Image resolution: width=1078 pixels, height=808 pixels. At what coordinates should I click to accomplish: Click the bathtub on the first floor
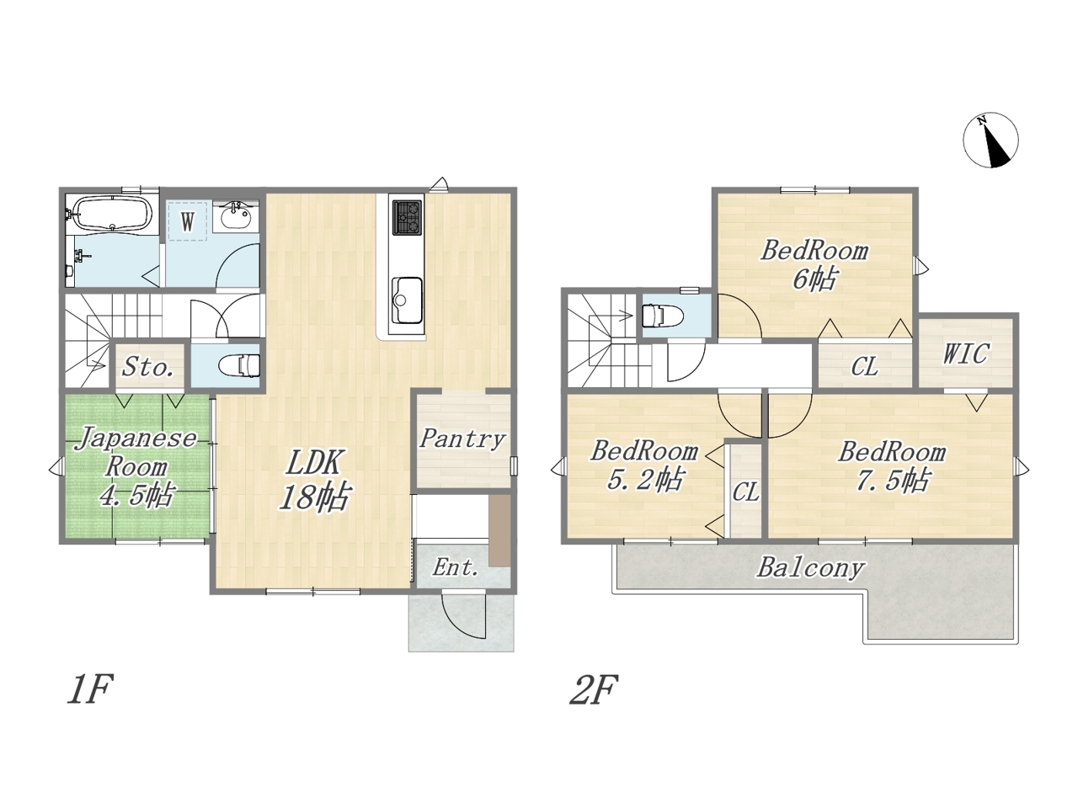(x=112, y=213)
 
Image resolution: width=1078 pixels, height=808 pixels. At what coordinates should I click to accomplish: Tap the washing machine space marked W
(x=187, y=221)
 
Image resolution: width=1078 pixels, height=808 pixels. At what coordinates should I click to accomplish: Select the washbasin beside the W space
(x=236, y=215)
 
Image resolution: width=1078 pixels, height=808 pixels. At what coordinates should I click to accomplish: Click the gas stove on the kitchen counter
(x=407, y=218)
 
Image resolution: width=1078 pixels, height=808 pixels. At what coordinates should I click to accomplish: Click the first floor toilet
(x=239, y=365)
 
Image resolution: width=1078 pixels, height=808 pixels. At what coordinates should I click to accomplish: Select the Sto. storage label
(x=148, y=366)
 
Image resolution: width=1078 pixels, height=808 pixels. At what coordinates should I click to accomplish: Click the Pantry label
(x=462, y=439)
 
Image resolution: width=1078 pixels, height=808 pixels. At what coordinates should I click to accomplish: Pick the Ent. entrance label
(x=456, y=567)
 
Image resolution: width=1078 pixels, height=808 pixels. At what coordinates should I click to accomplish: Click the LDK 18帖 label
(x=314, y=481)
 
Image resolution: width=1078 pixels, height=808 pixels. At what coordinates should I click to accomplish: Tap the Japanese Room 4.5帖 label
(x=137, y=466)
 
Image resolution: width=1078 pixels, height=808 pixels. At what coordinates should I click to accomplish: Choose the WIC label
(x=965, y=353)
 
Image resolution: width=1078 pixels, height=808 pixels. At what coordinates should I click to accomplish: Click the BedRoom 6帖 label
(x=814, y=266)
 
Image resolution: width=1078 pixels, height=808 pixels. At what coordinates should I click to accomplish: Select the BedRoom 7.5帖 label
(x=892, y=465)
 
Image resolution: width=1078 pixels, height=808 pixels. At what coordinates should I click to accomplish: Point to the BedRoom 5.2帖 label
(x=644, y=465)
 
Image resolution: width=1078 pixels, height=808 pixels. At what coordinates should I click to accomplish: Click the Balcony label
(x=810, y=567)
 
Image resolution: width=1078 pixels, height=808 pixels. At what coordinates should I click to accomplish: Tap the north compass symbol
(x=990, y=141)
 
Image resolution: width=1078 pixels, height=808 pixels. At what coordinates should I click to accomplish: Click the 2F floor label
(x=593, y=689)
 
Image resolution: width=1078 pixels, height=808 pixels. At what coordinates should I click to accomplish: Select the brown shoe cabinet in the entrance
(x=500, y=530)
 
